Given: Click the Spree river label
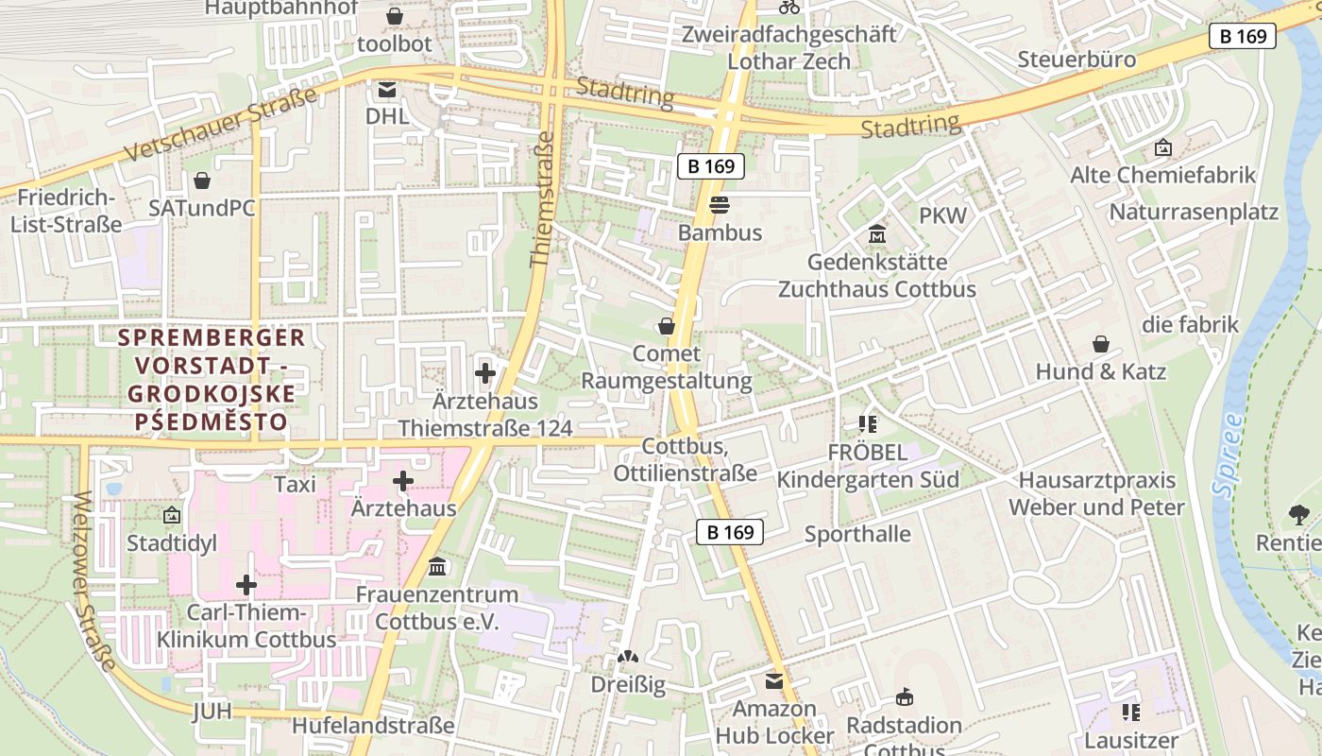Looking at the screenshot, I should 1229,455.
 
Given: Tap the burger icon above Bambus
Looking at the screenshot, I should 720,205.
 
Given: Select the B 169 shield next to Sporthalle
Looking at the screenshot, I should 730,532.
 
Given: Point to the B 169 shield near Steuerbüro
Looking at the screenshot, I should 1242,36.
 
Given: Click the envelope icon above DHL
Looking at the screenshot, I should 387,90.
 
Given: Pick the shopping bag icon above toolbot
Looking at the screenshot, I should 395,17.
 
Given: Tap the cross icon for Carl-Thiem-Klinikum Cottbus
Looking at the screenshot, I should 246,585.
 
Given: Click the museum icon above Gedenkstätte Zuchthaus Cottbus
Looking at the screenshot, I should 877,233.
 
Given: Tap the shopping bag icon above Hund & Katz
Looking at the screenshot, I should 1100,344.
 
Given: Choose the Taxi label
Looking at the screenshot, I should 295,485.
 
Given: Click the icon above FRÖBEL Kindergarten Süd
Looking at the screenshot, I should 868,424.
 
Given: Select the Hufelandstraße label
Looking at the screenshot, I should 373,726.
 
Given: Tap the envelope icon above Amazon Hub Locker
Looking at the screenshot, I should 774,681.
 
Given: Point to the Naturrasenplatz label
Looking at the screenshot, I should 1194,212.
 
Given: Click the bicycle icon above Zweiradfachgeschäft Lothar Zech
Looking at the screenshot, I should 789,8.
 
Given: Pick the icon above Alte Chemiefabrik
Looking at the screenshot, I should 1162,148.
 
